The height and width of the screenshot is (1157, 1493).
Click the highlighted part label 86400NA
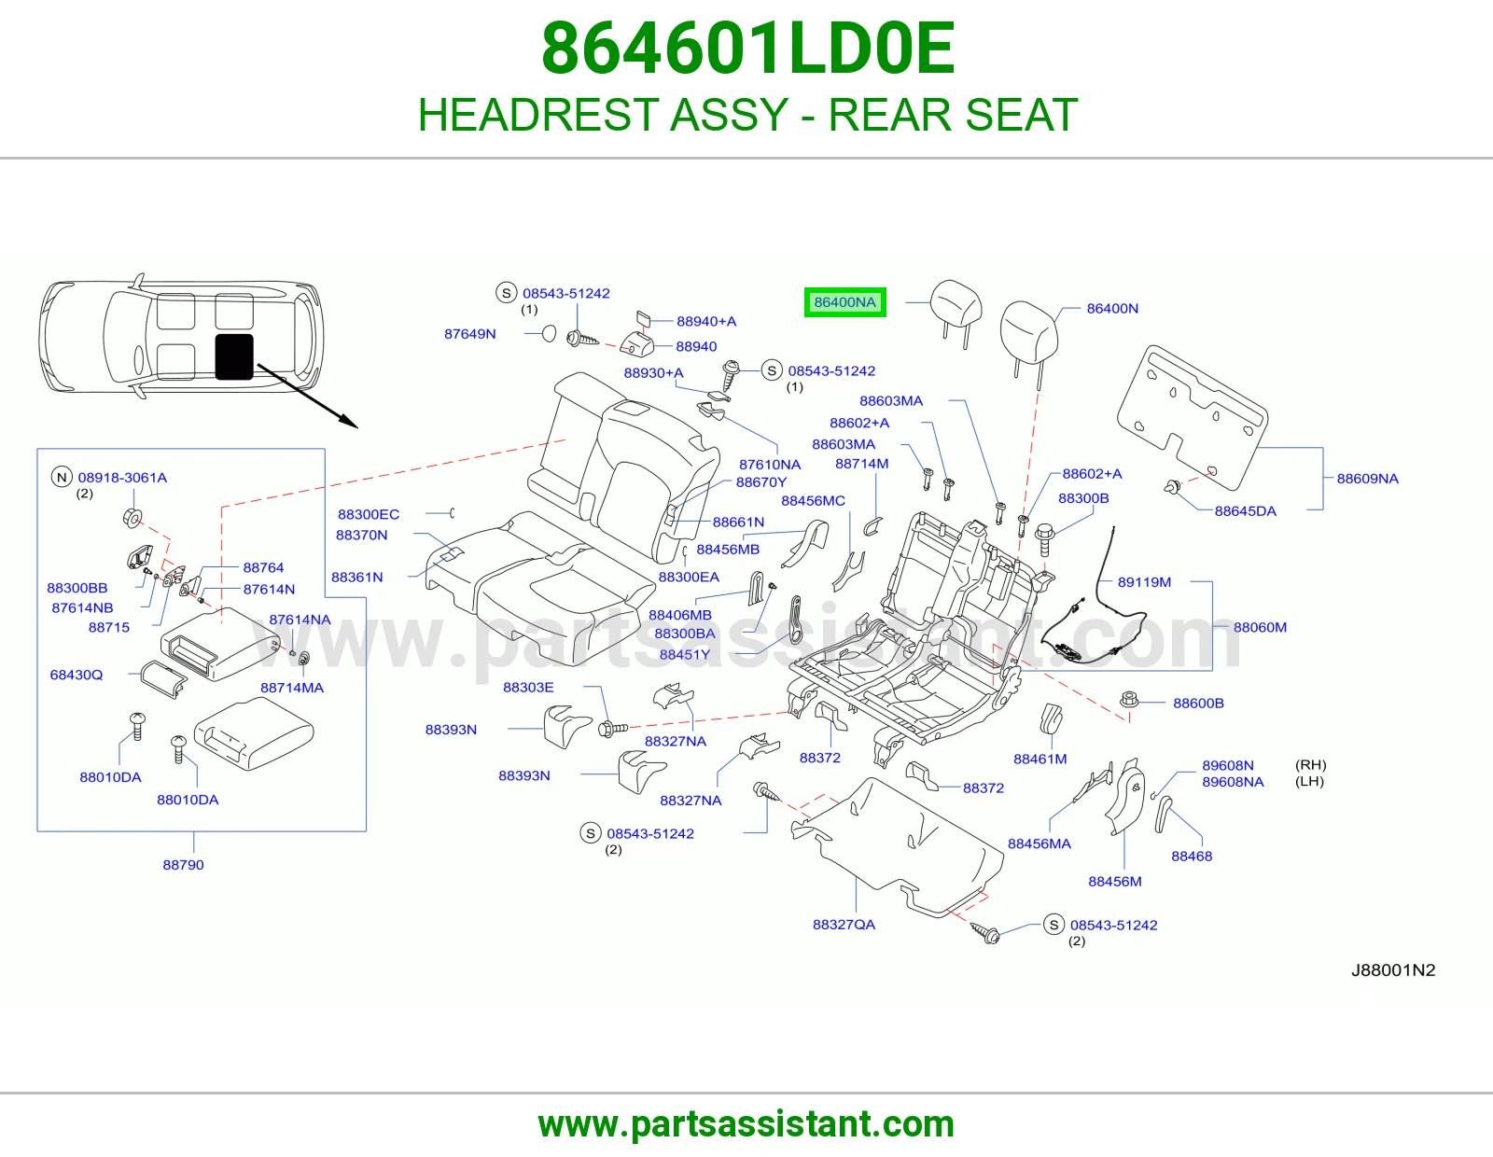tap(844, 302)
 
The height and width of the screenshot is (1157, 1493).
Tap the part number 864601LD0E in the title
tap(747, 49)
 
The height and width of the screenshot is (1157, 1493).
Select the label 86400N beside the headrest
tap(1111, 309)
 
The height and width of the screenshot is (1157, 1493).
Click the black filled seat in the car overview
tap(234, 356)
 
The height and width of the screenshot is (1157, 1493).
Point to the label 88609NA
tap(1367, 478)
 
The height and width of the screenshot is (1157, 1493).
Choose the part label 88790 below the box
tap(183, 864)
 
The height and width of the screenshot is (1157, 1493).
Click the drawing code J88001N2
tap(1392, 970)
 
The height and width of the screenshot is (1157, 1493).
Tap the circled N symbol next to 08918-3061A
tap(62, 477)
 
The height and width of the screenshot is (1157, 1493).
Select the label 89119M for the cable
tap(1144, 582)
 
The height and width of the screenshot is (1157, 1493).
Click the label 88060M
tap(1260, 627)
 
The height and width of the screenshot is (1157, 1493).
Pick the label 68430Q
tap(77, 675)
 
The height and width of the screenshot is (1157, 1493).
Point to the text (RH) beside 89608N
tap(1310, 765)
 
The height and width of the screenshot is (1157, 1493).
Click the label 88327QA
tap(844, 925)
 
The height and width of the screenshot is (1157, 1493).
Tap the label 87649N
tap(470, 334)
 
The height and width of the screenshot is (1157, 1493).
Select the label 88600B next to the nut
tap(1198, 703)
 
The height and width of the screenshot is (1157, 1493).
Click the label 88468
tap(1192, 856)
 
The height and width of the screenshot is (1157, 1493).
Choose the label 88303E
tap(527, 687)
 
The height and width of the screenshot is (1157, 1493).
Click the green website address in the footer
tap(746, 1124)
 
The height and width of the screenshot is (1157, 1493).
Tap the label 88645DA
tap(1245, 511)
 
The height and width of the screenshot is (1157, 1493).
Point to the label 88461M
tap(1040, 759)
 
